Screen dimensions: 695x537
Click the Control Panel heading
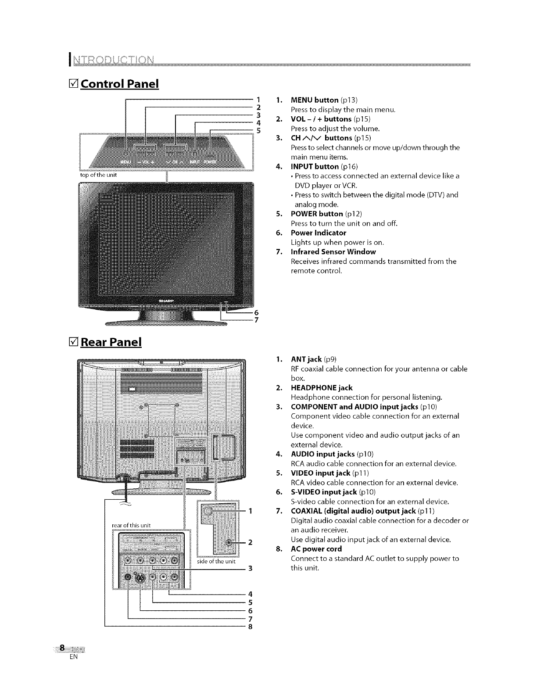pyautogui.click(x=116, y=83)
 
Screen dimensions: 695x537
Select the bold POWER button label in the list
pyautogui.click(x=317, y=214)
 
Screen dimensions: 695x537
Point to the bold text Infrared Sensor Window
pyautogui.click(x=333, y=251)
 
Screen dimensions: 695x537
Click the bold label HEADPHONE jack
pyautogui.click(x=322, y=387)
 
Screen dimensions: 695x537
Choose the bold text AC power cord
pyautogui.click(x=316, y=549)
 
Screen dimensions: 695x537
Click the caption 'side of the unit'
pyautogui.click(x=217, y=561)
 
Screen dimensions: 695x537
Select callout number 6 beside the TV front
pyautogui.click(x=257, y=313)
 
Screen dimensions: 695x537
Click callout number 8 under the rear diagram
pyautogui.click(x=250, y=627)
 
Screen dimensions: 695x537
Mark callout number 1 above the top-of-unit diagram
pyautogui.click(x=258, y=99)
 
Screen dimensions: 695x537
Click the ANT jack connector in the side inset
pyautogui.click(x=208, y=510)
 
